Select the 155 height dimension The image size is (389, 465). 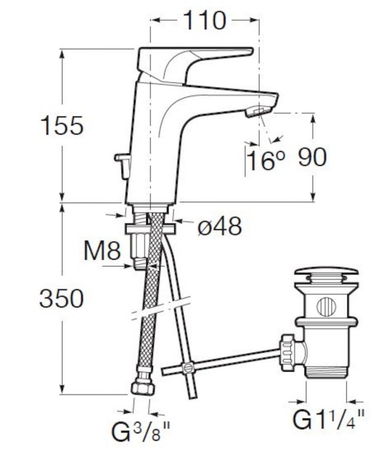(62, 125)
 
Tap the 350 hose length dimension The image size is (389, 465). (61, 298)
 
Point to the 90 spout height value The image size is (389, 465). (312, 157)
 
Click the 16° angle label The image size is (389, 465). (265, 160)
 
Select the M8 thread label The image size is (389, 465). (102, 251)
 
